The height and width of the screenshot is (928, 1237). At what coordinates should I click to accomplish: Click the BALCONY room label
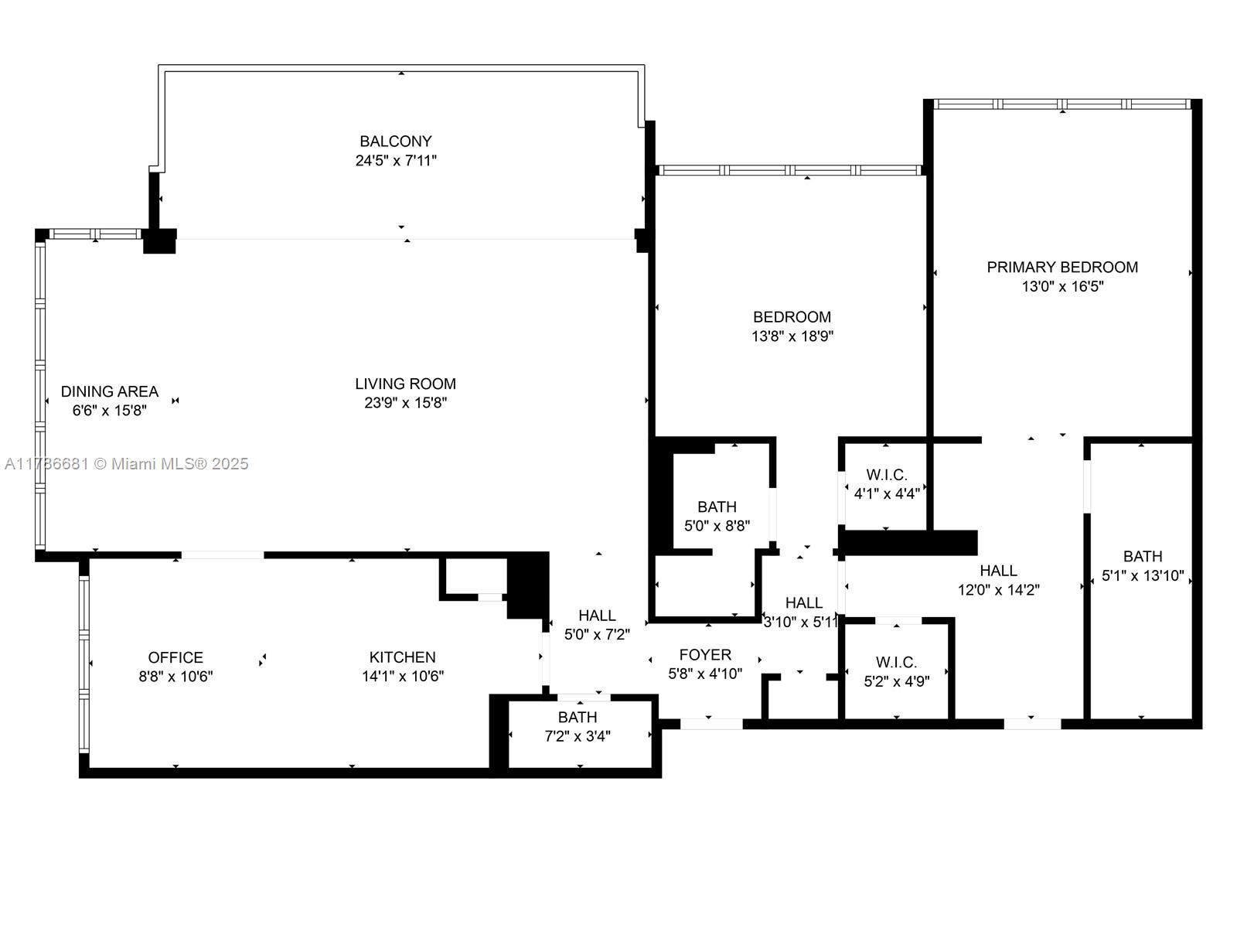[x=395, y=142]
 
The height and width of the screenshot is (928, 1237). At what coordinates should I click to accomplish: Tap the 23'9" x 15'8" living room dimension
[x=405, y=403]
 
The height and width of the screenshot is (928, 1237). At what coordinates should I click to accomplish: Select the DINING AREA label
[x=109, y=391]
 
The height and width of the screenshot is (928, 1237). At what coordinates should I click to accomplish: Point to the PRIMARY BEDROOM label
[x=1062, y=268]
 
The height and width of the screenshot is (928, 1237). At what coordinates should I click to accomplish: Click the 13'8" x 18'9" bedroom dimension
[x=792, y=336]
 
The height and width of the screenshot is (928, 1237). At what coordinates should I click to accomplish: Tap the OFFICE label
[x=175, y=657]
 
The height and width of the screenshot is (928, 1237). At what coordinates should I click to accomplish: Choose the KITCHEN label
[x=402, y=657]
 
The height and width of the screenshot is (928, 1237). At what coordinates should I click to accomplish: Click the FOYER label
[x=705, y=655]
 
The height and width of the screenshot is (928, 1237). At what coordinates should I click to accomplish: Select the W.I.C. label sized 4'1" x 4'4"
[x=886, y=475]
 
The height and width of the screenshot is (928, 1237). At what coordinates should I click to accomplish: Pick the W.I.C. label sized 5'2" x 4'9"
[x=896, y=663]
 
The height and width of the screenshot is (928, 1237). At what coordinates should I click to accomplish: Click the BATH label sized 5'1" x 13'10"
[x=1142, y=557]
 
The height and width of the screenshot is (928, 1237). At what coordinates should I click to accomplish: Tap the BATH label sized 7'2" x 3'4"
[x=577, y=718]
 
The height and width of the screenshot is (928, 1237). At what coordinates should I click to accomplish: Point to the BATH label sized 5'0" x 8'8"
[x=717, y=507]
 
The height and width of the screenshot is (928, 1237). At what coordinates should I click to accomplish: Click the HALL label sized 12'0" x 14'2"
[x=998, y=571]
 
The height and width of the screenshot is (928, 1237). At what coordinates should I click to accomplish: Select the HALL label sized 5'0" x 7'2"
[x=597, y=616]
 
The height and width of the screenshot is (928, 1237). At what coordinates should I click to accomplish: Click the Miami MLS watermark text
[x=127, y=464]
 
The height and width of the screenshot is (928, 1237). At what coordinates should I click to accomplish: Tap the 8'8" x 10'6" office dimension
[x=175, y=677]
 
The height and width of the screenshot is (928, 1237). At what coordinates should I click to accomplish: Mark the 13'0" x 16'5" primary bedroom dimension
[x=1062, y=287]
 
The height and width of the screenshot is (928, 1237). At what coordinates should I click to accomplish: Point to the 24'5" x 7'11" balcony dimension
[x=395, y=161]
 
